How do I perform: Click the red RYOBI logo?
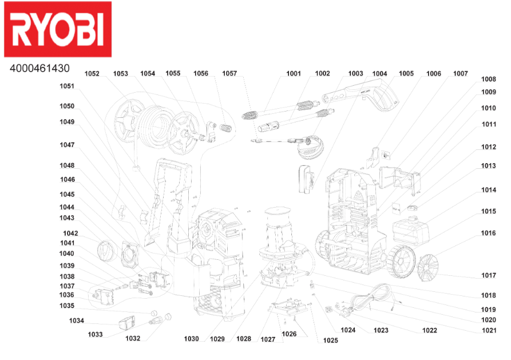click(58, 29)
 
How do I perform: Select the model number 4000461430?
click(39, 69)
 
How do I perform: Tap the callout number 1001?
click(294, 74)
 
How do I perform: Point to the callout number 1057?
click(229, 74)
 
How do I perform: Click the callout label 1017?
click(489, 275)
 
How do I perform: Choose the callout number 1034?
click(77, 321)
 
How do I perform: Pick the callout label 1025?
click(330, 341)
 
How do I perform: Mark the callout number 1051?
click(67, 86)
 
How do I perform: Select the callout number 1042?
click(70, 234)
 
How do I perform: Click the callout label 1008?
click(489, 79)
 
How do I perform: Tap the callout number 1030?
click(191, 339)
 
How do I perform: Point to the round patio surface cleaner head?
click(311, 148)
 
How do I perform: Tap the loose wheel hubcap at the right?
click(428, 268)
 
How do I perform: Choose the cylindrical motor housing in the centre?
click(278, 228)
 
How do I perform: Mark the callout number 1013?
click(489, 166)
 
